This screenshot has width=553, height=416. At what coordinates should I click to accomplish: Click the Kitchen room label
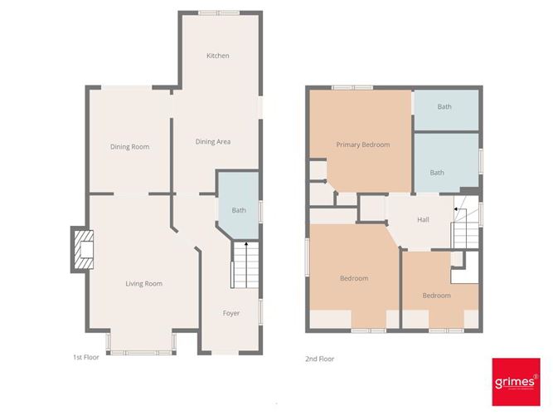(218, 56)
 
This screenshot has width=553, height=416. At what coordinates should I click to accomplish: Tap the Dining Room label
(129, 147)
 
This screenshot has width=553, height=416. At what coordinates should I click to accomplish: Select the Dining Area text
(212, 142)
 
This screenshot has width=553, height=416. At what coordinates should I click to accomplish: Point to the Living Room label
(143, 284)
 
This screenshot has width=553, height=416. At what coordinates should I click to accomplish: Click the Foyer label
(231, 313)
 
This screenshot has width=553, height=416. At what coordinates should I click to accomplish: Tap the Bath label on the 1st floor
(239, 210)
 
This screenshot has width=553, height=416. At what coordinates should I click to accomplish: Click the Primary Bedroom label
(362, 144)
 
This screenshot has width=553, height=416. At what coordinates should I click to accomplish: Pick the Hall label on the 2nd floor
(423, 219)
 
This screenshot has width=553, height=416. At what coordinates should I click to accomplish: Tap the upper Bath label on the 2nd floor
(444, 107)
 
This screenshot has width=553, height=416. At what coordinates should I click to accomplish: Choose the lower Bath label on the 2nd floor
(437, 173)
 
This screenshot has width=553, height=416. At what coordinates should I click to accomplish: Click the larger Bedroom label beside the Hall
(353, 278)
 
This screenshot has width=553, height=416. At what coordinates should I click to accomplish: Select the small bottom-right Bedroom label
(436, 296)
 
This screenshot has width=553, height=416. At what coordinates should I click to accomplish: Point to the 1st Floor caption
(85, 358)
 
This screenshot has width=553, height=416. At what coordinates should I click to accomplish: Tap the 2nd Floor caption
(320, 359)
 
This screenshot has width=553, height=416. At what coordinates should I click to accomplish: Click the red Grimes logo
(516, 381)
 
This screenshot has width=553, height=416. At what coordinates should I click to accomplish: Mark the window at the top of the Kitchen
(219, 12)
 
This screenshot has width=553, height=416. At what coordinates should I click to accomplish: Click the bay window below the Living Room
(141, 352)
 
